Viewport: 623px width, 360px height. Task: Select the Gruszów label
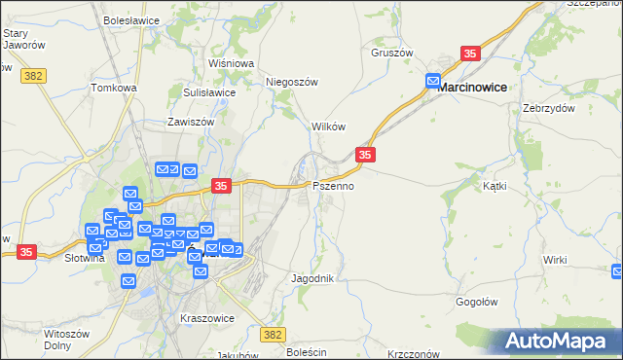point(392,53)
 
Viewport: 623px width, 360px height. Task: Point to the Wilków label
point(328,127)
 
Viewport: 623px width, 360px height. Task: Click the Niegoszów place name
point(293,83)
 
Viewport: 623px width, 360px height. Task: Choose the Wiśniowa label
point(231,63)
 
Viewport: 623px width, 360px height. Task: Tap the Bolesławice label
point(130,19)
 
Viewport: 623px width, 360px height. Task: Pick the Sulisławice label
point(209,92)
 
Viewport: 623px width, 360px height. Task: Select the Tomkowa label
point(114,88)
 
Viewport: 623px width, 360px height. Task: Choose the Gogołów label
point(478,302)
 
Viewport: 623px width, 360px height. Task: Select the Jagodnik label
point(312,278)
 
